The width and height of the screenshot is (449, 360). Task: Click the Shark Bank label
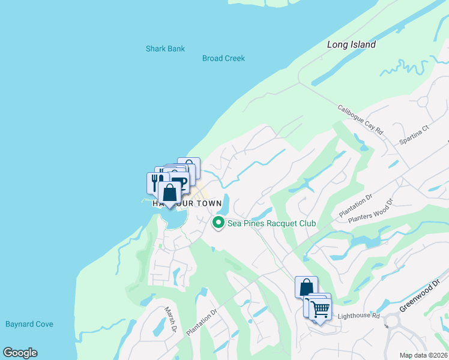[165, 49]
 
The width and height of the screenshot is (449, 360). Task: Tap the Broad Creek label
[223, 58]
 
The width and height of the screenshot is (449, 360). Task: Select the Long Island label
[351, 44]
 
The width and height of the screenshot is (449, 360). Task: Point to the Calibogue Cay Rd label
[360, 119]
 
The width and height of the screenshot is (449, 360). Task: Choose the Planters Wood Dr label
[374, 211]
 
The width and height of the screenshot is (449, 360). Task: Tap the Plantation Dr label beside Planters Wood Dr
[356, 205]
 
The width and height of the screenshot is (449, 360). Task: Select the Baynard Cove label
[29, 324]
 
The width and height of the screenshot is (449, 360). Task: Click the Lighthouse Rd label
[359, 316]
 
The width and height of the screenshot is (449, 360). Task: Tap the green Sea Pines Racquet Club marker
[218, 223]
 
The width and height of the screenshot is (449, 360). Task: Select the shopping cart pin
[321, 309]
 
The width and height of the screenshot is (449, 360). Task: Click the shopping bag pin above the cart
[306, 287]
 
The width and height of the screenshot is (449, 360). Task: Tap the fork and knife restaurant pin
[155, 181]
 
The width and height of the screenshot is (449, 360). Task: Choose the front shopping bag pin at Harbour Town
[170, 193]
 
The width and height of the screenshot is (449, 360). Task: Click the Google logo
[20, 353]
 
